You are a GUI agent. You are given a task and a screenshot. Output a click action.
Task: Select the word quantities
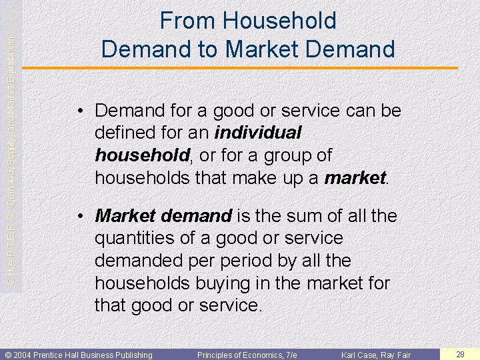click(136, 238)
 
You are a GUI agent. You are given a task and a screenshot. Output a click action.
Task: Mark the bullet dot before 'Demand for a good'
click(80, 111)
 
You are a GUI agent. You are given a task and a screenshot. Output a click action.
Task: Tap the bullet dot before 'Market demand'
click(80, 217)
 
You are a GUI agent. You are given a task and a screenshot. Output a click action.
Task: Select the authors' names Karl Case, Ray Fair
click(376, 355)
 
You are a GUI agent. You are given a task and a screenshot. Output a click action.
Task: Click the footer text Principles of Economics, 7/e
click(247, 355)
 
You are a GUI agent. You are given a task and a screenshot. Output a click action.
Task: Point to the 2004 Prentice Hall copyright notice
click(79, 355)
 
